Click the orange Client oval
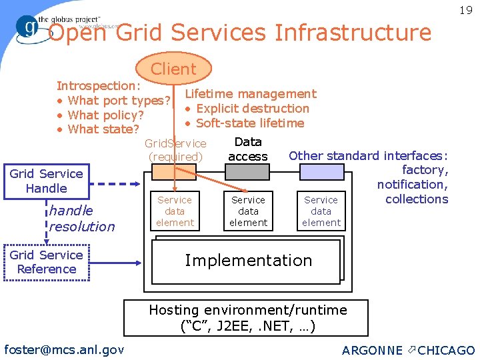point(173,69)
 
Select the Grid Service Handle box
point(46,181)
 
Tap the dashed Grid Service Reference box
point(46,262)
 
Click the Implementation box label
point(248,260)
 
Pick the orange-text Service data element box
point(175,211)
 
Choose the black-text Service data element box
point(248,211)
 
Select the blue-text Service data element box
point(321,211)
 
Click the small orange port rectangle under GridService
point(174,172)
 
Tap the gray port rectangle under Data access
point(248,172)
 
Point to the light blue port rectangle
point(321,172)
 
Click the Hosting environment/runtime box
point(248,318)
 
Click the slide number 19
point(465,10)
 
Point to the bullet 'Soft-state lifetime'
point(249,123)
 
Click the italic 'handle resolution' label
point(81,219)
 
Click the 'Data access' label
point(248,149)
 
